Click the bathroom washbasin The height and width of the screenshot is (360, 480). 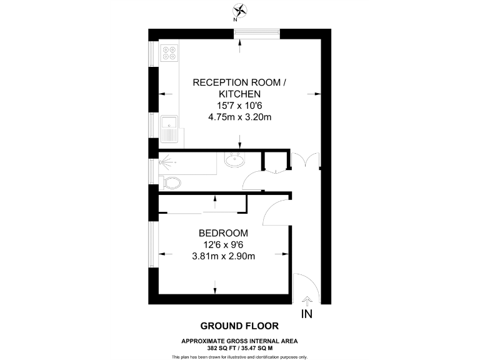[x=235, y=161]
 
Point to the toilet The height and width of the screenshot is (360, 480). [x=171, y=182]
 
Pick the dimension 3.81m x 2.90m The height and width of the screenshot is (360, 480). [x=224, y=255]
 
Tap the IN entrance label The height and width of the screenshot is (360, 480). [x=306, y=314]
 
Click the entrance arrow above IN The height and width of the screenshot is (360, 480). [x=306, y=301]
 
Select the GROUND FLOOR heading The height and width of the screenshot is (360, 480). [x=239, y=326]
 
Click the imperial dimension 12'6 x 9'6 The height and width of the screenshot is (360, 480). [x=224, y=244]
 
